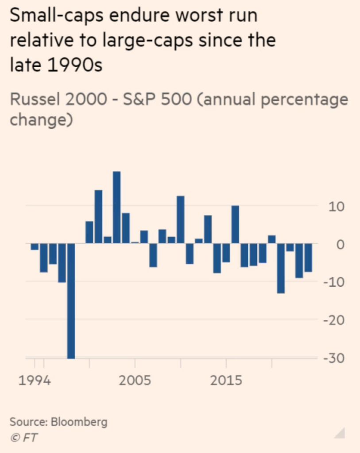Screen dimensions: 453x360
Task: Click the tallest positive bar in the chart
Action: pyautogui.click(x=116, y=207)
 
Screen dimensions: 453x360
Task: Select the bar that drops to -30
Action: pyautogui.click(x=71, y=301)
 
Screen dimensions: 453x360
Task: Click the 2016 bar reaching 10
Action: pyautogui.click(x=235, y=225)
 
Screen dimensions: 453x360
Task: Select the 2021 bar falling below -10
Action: pyautogui.click(x=281, y=268)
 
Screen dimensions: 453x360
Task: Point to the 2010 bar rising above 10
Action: pyautogui.click(x=180, y=219)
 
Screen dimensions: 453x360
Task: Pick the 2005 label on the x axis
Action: pyautogui.click(x=135, y=380)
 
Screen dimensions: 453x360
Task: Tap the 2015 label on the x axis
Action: pyautogui.click(x=226, y=380)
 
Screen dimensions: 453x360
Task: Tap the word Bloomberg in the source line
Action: pyautogui.click(x=79, y=422)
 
